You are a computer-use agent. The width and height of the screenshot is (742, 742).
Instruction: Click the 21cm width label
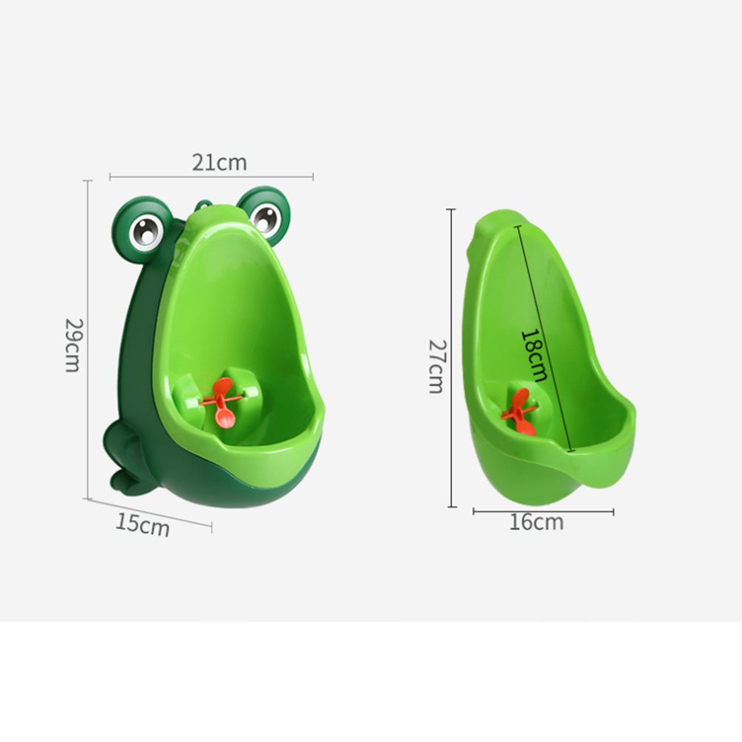click(x=219, y=162)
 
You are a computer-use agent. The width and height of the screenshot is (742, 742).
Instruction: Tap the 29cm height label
click(x=72, y=345)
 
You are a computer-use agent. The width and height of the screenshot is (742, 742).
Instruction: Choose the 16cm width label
click(x=536, y=522)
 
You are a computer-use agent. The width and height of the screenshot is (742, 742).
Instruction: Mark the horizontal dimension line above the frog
click(x=211, y=177)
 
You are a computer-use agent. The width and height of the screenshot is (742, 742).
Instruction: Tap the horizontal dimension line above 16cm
click(x=543, y=511)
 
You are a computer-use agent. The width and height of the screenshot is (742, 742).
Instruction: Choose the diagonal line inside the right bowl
click(x=545, y=338)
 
